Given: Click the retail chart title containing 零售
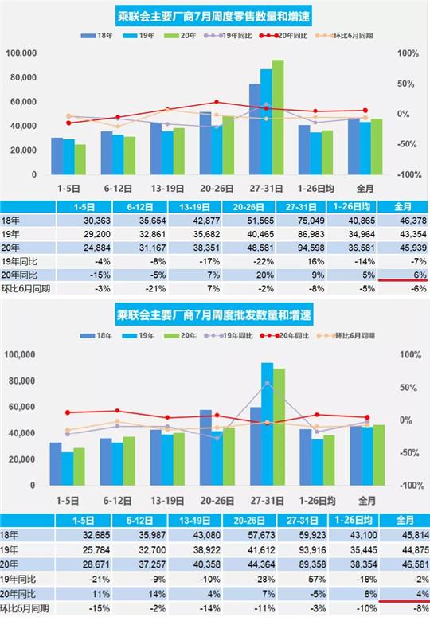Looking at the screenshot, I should coord(215,18).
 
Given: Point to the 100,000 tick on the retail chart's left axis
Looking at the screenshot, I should coord(22,53).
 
